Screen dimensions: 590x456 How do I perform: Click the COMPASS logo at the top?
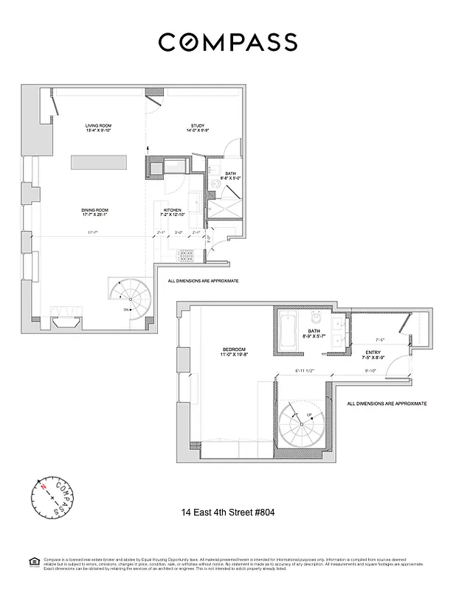coord(227,42)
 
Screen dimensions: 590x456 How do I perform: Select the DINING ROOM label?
coord(94,212)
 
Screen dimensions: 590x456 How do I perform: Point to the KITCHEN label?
coord(172,212)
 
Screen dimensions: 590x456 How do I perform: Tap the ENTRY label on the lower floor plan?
coord(372,354)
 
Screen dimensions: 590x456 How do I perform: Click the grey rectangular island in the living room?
coord(99,162)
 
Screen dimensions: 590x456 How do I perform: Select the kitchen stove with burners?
coord(185,255)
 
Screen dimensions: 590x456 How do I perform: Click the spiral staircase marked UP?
coord(301,423)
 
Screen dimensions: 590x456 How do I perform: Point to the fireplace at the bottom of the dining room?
coord(66,319)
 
